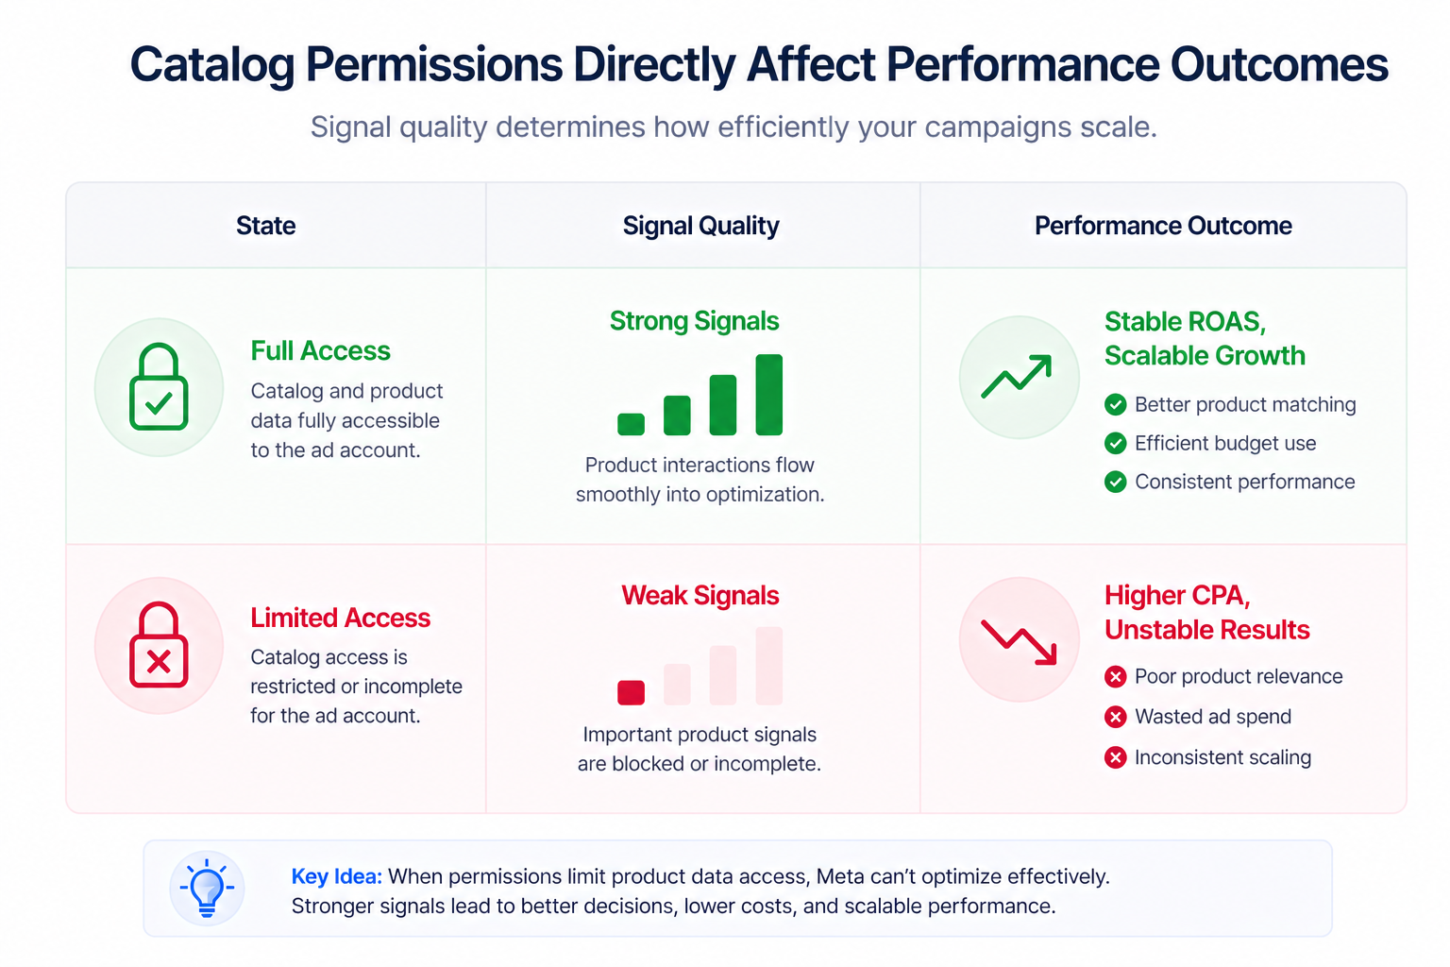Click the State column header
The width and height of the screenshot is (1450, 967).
click(265, 226)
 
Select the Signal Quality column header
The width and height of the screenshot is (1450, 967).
click(700, 226)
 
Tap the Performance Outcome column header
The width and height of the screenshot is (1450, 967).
click(1162, 226)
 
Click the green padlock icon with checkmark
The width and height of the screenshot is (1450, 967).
click(159, 387)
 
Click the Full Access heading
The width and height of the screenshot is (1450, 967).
click(320, 351)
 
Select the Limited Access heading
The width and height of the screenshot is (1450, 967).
click(340, 618)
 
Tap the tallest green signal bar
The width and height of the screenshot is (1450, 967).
click(768, 395)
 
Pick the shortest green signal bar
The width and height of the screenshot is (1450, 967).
click(631, 424)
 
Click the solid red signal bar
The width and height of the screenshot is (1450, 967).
click(631, 692)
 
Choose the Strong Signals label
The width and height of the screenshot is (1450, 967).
click(694, 321)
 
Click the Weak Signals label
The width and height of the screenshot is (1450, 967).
click(700, 596)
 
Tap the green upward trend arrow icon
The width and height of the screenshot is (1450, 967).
click(1018, 377)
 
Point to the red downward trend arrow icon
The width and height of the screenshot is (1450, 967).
click(1018, 641)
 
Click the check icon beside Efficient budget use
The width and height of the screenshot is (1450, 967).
click(1115, 443)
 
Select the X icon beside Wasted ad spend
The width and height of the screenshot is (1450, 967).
click(1115, 717)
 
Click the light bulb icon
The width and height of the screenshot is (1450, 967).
click(207, 889)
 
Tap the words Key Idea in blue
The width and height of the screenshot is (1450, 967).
click(336, 876)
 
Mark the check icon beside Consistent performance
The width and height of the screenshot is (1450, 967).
click(1115, 482)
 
